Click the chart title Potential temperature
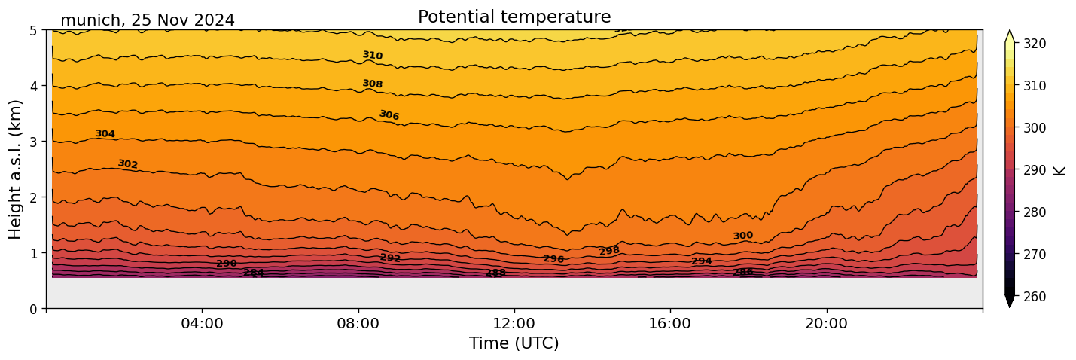[514, 17]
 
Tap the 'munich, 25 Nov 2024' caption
[148, 20]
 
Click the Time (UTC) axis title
[514, 343]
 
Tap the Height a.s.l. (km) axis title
[16, 169]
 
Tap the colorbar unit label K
[1060, 170]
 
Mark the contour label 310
[373, 56]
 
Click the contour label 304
[105, 134]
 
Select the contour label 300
[743, 236]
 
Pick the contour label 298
[609, 251]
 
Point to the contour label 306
[389, 115]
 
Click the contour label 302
[128, 164]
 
